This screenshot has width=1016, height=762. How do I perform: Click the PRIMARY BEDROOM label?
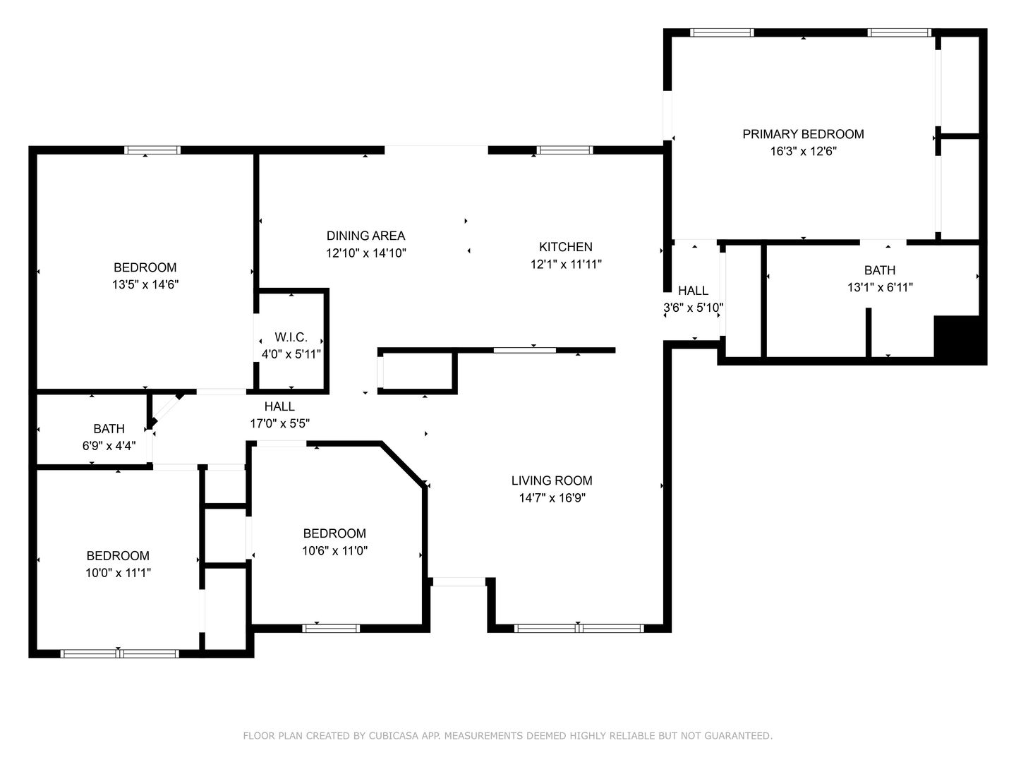(803, 134)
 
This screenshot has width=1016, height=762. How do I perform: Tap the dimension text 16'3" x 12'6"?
(803, 151)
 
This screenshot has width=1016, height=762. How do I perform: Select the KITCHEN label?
(566, 247)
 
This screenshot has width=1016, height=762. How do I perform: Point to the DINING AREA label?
(365, 236)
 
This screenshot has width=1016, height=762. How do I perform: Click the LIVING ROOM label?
(552, 480)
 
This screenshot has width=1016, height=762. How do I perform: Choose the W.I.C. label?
(291, 337)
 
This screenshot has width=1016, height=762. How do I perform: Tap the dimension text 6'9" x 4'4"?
(109, 446)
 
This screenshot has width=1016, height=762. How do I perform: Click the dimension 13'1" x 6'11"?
(880, 287)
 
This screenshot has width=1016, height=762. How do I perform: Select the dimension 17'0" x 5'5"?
(279, 423)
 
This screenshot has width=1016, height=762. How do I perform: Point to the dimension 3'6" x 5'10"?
(693, 308)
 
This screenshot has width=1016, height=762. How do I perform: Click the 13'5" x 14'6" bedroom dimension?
(145, 284)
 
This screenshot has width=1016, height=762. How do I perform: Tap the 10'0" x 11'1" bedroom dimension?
(118, 573)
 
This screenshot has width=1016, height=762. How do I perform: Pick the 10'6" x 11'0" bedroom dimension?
(334, 550)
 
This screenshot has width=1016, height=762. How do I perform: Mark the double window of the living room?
(579, 628)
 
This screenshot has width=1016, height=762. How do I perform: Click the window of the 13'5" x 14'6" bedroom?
(152, 150)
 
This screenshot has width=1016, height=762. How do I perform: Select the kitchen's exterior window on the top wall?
(564, 150)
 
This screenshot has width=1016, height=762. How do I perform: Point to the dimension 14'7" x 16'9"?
(552, 498)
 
